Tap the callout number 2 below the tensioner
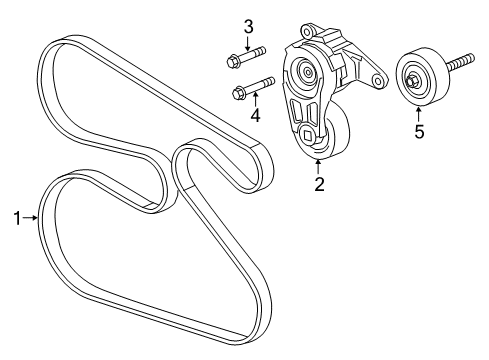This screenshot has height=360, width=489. [319, 183]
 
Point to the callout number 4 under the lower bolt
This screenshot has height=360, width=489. [256, 115]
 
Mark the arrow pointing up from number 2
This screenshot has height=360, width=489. [319, 167]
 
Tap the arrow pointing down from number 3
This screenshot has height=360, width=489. [249, 41]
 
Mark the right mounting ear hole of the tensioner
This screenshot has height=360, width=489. [378, 80]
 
